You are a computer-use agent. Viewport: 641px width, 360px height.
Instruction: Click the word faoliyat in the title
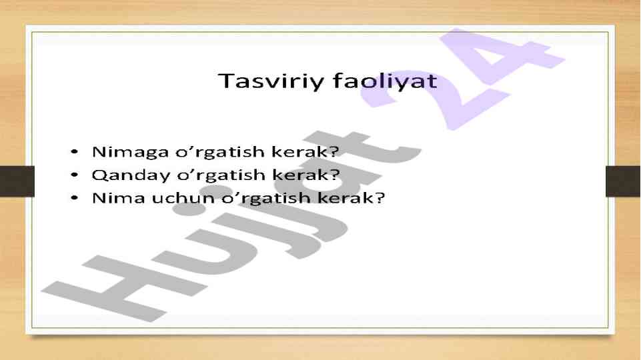[x=385, y=80]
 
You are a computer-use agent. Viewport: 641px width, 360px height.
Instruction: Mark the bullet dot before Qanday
[x=74, y=175]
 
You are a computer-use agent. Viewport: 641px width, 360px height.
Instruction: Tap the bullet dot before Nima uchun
[x=74, y=198]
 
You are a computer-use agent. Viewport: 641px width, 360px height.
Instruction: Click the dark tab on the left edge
[x=17, y=181]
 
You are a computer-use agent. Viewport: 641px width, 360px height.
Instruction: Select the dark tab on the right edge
[x=623, y=181]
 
